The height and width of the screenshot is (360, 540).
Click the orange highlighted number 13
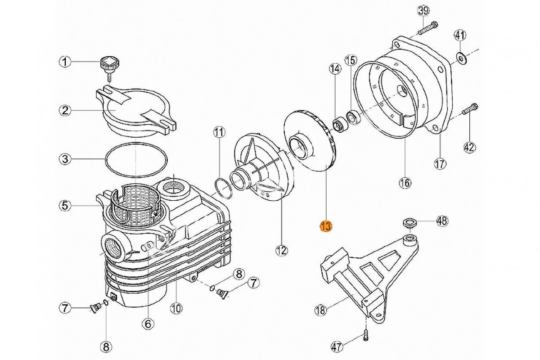(x=325, y=226)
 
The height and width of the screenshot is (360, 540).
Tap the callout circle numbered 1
(x=66, y=62)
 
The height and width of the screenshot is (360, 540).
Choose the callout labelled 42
(x=469, y=147)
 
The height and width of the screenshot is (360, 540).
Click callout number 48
(x=442, y=220)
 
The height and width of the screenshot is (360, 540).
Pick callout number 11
(x=219, y=132)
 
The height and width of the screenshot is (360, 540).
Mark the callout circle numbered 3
(x=66, y=158)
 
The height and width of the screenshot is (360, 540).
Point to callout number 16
(x=405, y=182)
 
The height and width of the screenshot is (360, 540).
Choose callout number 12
(x=282, y=251)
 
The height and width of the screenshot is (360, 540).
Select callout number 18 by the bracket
(x=320, y=310)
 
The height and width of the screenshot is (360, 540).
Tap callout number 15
(x=351, y=59)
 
